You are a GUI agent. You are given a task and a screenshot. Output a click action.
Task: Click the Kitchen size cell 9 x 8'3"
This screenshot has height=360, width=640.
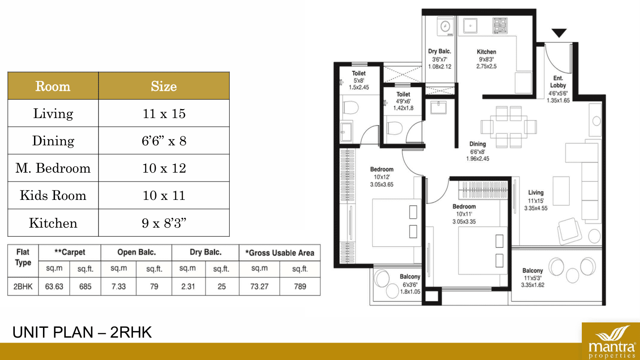(x=164, y=223)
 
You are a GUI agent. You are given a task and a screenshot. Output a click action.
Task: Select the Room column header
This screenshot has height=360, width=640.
(x=53, y=86)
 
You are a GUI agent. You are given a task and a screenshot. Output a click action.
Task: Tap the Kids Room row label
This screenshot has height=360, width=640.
(x=53, y=195)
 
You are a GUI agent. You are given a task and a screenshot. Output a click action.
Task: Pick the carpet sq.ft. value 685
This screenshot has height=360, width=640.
(x=85, y=286)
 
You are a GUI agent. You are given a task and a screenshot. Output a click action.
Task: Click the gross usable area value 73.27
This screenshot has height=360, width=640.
(x=259, y=286)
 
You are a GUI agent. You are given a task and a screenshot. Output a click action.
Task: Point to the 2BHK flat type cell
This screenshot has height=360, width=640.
(x=23, y=286)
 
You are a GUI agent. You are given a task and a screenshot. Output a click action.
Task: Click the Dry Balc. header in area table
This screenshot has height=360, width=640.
(x=205, y=252)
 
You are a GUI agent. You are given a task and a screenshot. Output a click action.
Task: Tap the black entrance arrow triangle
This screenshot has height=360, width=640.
(x=559, y=33)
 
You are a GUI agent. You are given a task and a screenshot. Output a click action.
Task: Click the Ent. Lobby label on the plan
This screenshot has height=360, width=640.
(x=558, y=82)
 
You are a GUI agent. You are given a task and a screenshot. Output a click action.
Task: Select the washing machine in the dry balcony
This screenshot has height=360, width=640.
(x=445, y=26)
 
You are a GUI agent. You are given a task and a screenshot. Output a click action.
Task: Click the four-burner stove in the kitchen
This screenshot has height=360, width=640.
(x=500, y=25)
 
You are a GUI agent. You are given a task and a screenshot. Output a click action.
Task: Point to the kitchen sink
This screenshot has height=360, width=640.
(x=470, y=26)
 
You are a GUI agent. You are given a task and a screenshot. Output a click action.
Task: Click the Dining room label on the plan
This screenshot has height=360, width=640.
(x=478, y=144)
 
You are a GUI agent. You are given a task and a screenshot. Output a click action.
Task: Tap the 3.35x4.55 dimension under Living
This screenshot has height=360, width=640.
(x=536, y=208)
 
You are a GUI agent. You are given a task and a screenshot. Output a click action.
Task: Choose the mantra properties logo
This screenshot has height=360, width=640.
(x=611, y=341)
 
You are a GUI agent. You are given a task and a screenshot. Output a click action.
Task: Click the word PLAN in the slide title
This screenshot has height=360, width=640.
(x=73, y=332)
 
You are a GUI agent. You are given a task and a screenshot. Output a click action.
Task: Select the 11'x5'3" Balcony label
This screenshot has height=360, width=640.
(x=533, y=278)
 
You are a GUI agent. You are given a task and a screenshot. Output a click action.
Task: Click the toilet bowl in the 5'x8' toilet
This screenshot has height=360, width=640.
(x=350, y=108)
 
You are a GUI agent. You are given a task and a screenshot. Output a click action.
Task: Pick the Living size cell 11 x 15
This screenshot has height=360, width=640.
(x=164, y=113)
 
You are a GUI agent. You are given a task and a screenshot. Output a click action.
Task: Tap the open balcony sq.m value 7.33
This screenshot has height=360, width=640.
(x=119, y=286)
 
